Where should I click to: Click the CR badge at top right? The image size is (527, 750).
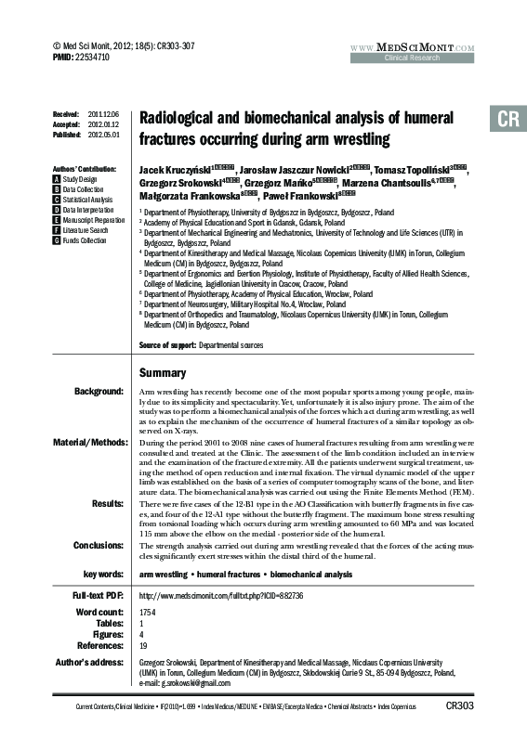pos(507,120)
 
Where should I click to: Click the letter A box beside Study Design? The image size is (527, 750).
pos(58,178)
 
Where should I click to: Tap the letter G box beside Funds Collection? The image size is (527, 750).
pos(58,240)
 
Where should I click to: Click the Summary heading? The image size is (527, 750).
pos(163,372)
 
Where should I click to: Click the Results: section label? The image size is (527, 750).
pos(107,502)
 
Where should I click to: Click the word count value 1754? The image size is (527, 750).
pos(147,614)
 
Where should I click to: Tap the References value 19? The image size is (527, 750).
pos(142,644)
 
